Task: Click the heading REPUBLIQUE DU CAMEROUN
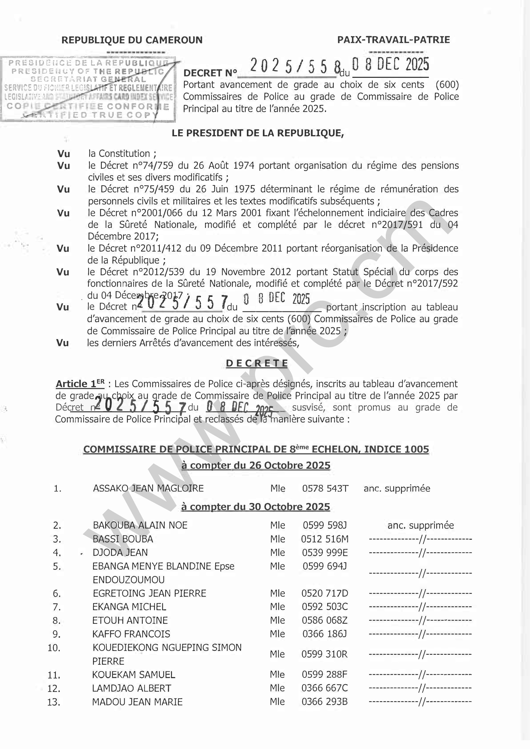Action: (132, 40)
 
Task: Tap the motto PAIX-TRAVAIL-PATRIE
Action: (393, 40)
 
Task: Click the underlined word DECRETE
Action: (257, 363)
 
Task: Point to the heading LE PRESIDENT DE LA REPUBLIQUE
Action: (258, 133)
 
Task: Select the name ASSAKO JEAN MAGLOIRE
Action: (148, 488)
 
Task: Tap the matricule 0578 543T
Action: (325, 488)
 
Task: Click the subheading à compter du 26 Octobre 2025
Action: (256, 465)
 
